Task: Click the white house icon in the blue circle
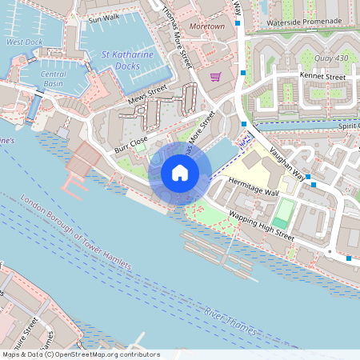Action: coord(179,172)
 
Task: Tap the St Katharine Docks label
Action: coord(129,61)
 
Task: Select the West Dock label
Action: coord(24,42)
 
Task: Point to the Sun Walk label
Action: coord(103,18)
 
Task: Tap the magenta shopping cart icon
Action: coord(215,77)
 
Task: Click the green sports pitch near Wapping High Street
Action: coord(283,213)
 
